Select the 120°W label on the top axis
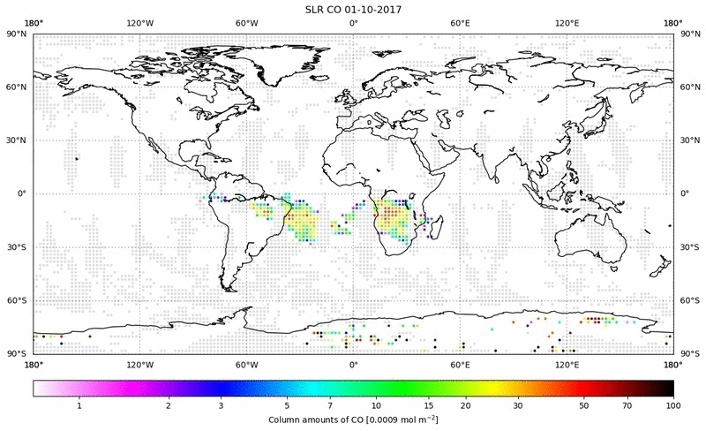pos(139,23)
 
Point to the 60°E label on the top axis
pos(460,23)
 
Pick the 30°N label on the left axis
pos(17,140)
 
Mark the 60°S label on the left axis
pos(17,300)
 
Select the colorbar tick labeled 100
pos(673,405)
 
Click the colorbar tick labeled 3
pos(221,405)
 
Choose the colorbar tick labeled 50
pos(584,405)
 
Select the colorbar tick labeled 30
pos(519,405)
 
